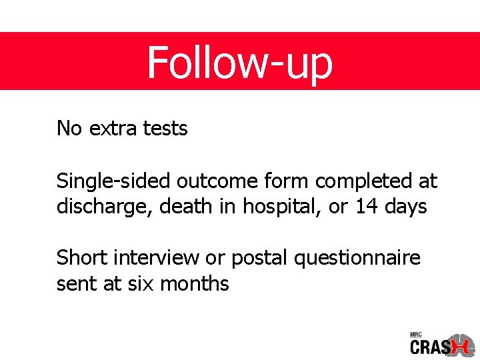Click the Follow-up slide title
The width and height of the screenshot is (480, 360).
(239, 62)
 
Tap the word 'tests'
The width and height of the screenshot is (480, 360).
(165, 128)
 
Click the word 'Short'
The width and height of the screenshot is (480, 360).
(79, 257)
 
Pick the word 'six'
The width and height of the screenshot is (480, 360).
(137, 283)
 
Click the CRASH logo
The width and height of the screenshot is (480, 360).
(441, 346)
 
